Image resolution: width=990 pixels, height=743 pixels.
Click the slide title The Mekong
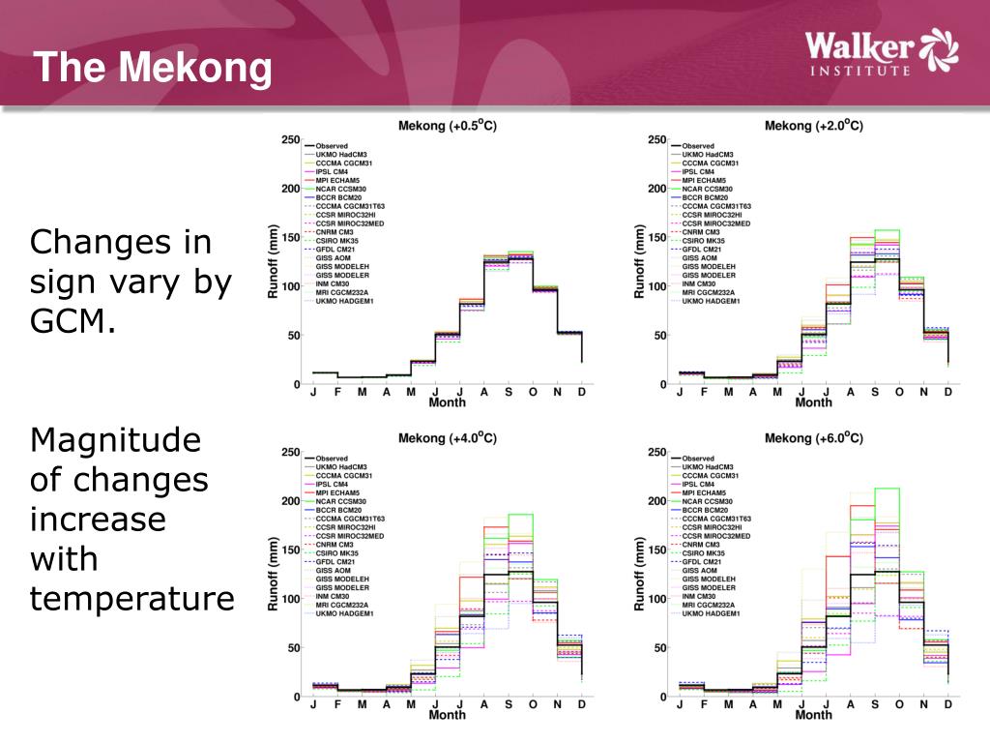tap(153, 68)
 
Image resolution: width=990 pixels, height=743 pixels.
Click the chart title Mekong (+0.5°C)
tap(448, 126)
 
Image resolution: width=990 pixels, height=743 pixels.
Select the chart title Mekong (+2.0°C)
tap(813, 126)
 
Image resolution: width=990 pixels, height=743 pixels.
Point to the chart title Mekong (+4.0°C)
tap(448, 438)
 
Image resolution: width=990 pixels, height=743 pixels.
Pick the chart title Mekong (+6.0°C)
tap(813, 438)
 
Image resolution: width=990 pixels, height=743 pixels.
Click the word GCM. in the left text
tap(73, 322)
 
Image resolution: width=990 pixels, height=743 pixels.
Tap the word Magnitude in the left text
tap(116, 440)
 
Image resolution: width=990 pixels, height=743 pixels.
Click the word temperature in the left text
tap(132, 599)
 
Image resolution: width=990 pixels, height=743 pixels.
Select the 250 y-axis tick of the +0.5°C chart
tap(290, 140)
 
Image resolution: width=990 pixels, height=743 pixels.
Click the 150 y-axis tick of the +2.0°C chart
tap(656, 238)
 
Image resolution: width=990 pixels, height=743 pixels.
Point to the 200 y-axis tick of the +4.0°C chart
tap(290, 501)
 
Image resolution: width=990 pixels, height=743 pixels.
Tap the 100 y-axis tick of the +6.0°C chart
tap(656, 599)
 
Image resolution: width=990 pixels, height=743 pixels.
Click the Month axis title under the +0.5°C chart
tap(448, 402)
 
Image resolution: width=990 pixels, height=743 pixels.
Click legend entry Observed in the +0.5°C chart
tap(332, 146)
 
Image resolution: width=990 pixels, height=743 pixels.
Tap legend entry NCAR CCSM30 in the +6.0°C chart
tap(707, 501)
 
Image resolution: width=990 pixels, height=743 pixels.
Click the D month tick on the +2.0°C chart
tap(947, 392)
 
